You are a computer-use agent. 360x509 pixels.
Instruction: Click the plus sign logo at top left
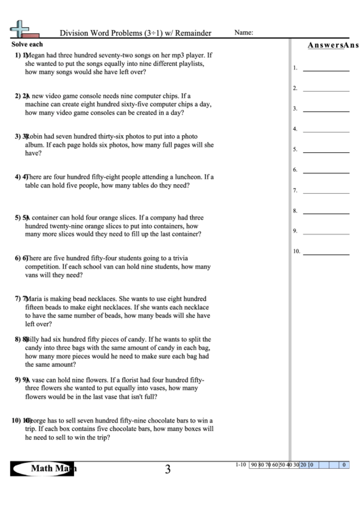(x=21, y=29)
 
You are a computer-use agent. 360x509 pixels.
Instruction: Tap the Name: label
(x=244, y=32)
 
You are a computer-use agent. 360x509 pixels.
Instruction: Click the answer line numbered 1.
(x=326, y=69)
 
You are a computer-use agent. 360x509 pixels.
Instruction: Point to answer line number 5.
(x=326, y=150)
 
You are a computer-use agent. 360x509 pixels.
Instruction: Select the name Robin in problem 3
(x=36, y=137)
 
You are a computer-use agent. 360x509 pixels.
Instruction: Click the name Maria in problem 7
(x=36, y=298)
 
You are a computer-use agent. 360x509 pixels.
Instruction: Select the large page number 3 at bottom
(x=167, y=469)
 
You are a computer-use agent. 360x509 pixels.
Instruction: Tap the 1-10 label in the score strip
(x=240, y=465)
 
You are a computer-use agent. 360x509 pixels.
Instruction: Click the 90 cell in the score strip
(x=254, y=466)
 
